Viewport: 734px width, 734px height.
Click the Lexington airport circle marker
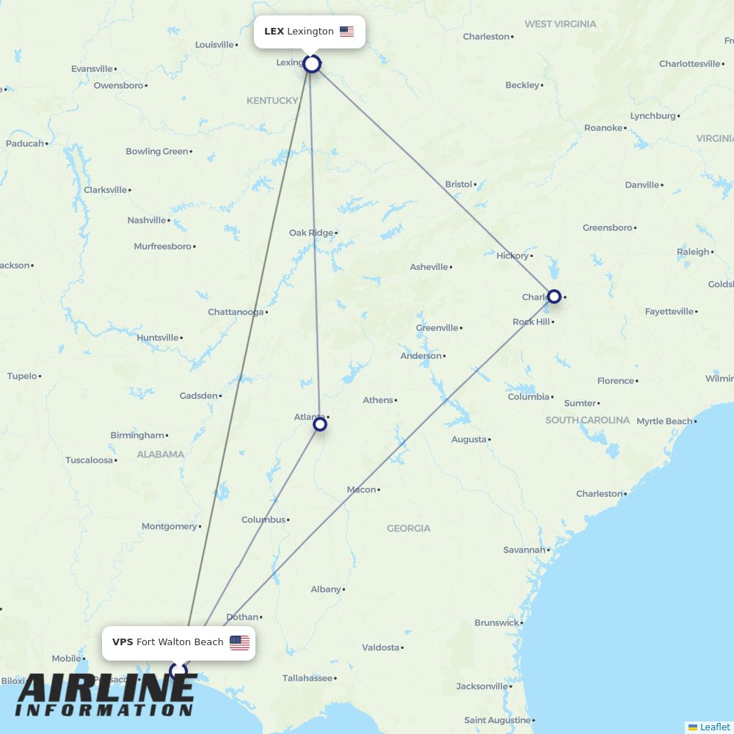pyautogui.click(x=312, y=64)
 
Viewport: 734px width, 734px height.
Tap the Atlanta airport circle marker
pyautogui.click(x=320, y=424)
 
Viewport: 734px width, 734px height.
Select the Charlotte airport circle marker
pyautogui.click(x=554, y=297)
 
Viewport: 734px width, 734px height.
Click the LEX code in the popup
pyautogui.click(x=274, y=32)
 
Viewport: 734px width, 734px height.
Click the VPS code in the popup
pyautogui.click(x=123, y=642)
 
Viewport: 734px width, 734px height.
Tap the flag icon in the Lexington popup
pyautogui.click(x=346, y=32)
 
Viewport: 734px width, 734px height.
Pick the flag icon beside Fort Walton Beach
pyautogui.click(x=239, y=643)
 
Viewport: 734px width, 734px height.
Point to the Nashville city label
pyautogui.click(x=147, y=220)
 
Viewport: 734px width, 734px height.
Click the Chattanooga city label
pyautogui.click(x=236, y=312)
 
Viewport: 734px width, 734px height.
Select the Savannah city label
pyautogui.click(x=524, y=550)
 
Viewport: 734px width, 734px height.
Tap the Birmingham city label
pyautogui.click(x=137, y=435)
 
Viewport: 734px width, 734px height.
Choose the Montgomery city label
pyautogui.click(x=169, y=526)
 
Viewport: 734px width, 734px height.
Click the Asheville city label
pyautogui.click(x=429, y=267)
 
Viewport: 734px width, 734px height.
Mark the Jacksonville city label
pyautogui.click(x=482, y=686)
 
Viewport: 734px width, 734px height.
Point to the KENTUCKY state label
pyautogui.click(x=272, y=101)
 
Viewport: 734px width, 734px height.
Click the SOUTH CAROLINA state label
pyautogui.click(x=587, y=420)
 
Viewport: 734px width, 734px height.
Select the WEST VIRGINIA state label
pyautogui.click(x=560, y=24)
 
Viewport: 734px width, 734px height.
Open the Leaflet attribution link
pyautogui.click(x=714, y=727)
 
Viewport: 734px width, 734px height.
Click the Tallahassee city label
pyautogui.click(x=308, y=678)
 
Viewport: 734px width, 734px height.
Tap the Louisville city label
pyautogui.click(x=214, y=45)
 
